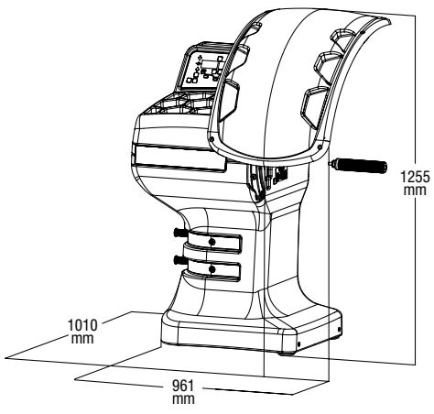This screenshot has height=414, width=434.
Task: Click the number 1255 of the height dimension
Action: coord(416,177)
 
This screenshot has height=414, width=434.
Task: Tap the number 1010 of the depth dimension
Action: coord(82,325)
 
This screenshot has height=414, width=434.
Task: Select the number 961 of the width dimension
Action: coord(183,386)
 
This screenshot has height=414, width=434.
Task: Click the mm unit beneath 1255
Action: coord(415,190)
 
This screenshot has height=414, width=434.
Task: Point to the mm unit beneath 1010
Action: coord(82,338)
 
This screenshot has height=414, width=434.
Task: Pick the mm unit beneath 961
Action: coord(183,399)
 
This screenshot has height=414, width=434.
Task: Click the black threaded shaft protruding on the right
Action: coord(358,165)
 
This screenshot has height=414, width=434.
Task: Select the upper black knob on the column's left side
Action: coord(180,233)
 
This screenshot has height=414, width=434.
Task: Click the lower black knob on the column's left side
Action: coord(180,260)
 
